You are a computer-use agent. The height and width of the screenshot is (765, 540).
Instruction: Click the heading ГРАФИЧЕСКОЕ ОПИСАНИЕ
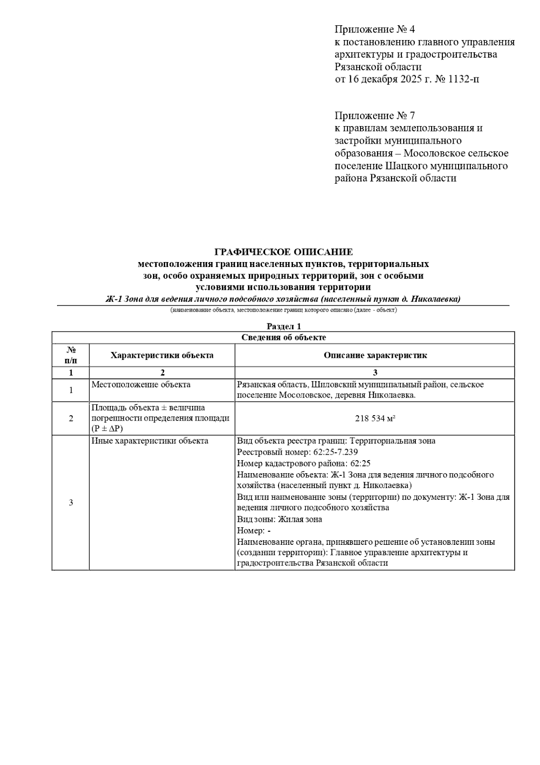click(283, 252)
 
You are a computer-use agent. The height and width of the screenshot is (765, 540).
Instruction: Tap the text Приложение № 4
click(375, 30)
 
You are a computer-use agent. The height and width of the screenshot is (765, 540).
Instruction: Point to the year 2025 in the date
click(409, 80)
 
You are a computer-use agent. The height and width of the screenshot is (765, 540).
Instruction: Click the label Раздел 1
click(283, 326)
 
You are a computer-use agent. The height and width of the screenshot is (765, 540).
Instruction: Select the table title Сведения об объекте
click(283, 337)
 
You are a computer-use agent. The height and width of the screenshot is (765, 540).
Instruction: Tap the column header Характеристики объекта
click(162, 355)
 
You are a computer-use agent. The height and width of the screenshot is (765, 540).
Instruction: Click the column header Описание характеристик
click(375, 355)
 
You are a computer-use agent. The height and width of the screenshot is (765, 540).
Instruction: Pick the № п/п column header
click(71, 355)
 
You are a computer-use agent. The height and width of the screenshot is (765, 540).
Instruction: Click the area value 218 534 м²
click(375, 419)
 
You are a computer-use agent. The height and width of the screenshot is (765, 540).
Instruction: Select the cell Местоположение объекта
click(141, 385)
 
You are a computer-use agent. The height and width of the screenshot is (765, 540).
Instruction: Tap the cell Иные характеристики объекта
click(150, 441)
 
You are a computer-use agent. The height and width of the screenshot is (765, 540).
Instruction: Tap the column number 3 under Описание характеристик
click(375, 373)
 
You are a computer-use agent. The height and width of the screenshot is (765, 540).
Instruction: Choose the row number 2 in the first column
click(71, 419)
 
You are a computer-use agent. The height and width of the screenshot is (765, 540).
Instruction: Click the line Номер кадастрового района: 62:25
click(304, 463)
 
